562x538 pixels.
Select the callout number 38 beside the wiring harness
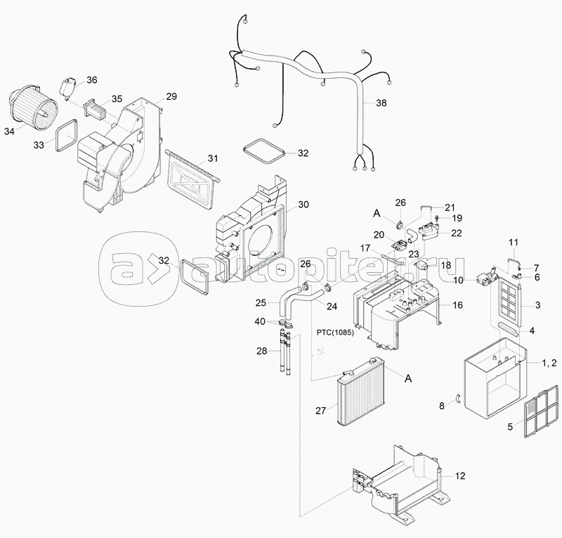click(x=381, y=103)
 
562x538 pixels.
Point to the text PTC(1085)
click(x=335, y=333)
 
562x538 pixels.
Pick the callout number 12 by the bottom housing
click(x=460, y=476)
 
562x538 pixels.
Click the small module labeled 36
click(x=67, y=89)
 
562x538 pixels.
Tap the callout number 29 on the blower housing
click(x=171, y=96)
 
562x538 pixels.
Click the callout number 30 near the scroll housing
click(x=303, y=205)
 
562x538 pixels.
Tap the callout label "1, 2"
click(x=549, y=363)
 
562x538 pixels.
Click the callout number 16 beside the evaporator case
click(x=458, y=305)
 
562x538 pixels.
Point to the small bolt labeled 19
click(x=437, y=217)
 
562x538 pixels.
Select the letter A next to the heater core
click(x=408, y=378)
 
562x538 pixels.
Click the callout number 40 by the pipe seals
click(x=261, y=321)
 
